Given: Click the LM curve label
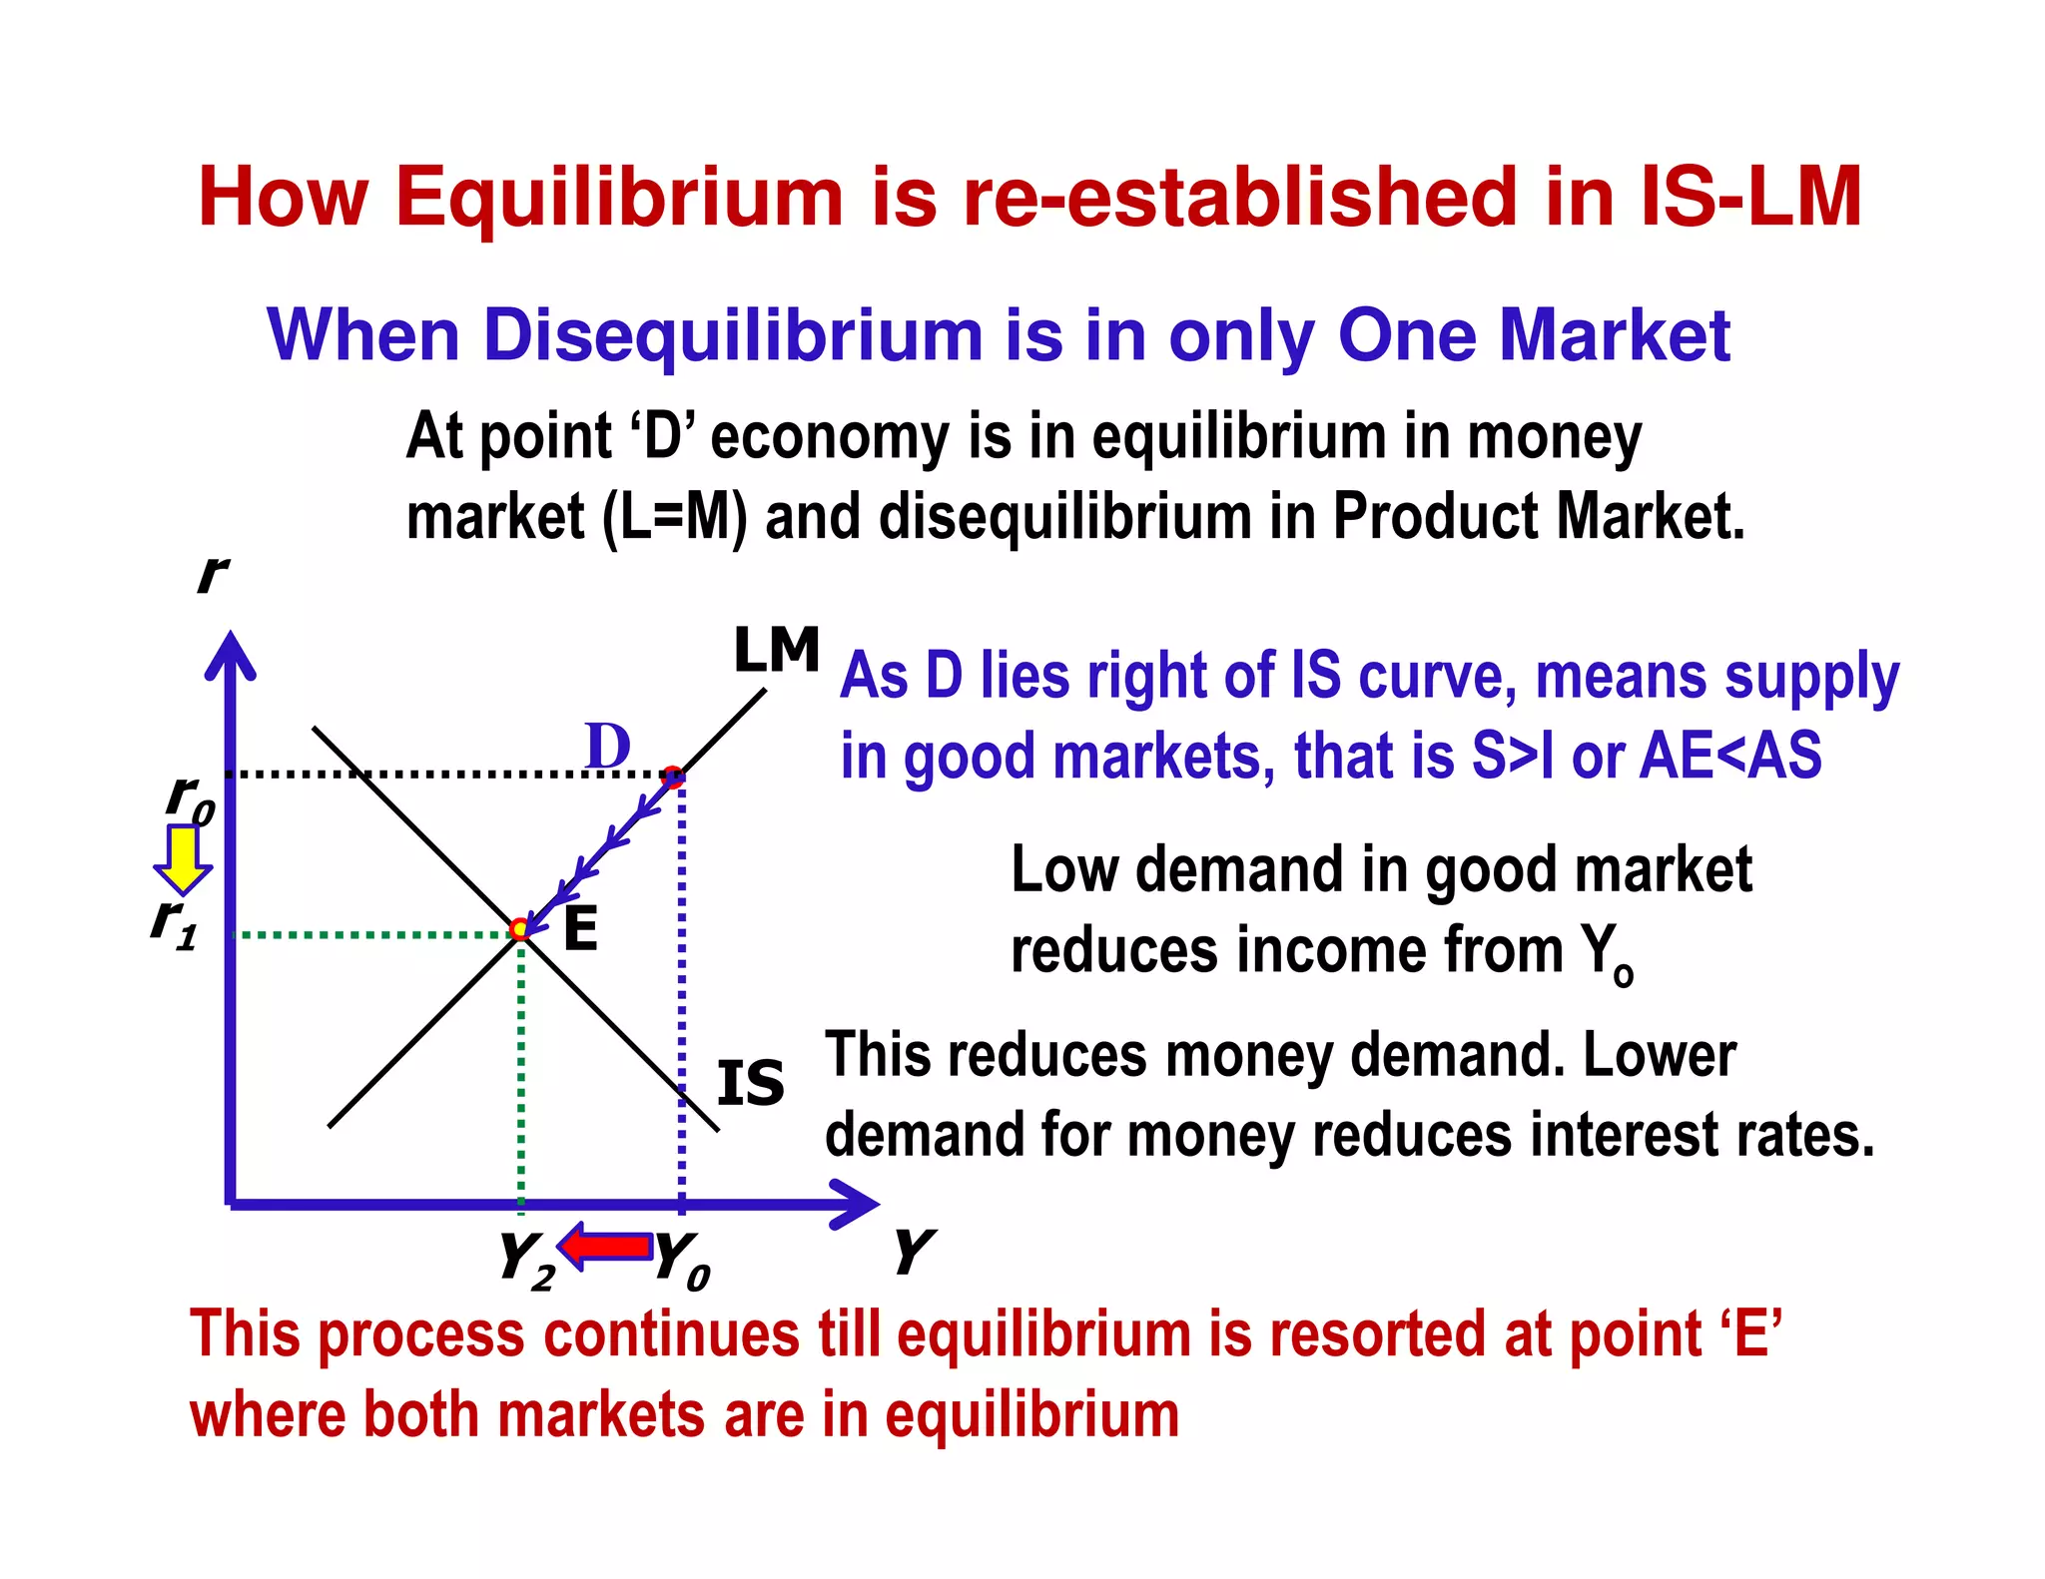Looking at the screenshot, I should click(776, 651).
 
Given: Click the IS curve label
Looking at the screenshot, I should click(751, 1084).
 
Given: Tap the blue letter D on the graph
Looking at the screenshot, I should click(607, 746).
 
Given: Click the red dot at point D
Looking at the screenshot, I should click(674, 777).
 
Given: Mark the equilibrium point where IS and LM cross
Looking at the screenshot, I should click(519, 930).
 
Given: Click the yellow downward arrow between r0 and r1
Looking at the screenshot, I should click(183, 859).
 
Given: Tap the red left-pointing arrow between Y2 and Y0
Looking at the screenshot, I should click(605, 1246).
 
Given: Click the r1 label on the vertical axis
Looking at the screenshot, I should click(174, 922).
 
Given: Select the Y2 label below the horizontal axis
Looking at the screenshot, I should click(526, 1261).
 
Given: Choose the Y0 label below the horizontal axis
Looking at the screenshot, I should click(682, 1261).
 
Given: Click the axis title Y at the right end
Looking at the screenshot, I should click(913, 1252).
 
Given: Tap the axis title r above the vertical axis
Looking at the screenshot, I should click(212, 575).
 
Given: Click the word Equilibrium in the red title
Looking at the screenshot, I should click(620, 197).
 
